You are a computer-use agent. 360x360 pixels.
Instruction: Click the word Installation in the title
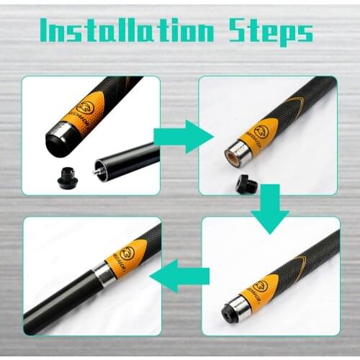point(126,31)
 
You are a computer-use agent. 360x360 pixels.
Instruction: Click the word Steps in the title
point(271,32)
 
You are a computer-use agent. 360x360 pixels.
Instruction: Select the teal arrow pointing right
point(184,136)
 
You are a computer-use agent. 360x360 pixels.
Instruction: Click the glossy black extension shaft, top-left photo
point(130,160)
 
